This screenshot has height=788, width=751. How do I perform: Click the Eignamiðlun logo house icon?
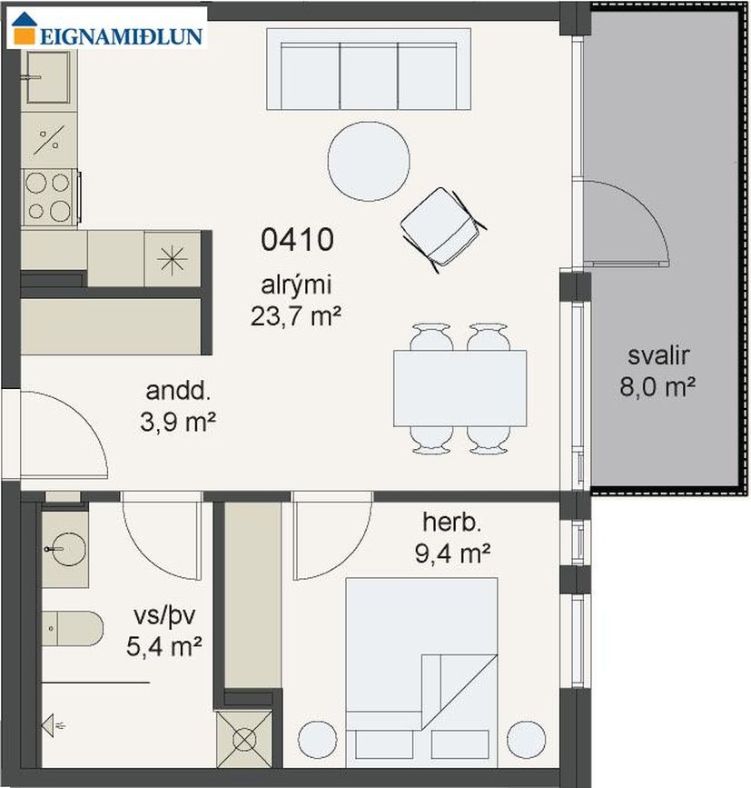click(25, 28)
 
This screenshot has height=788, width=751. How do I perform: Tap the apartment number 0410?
click(297, 239)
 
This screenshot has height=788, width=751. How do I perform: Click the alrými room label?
click(296, 285)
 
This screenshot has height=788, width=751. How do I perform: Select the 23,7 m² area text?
click(296, 316)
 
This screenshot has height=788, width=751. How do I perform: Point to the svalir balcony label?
click(658, 355)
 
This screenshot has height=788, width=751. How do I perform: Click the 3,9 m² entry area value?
click(178, 422)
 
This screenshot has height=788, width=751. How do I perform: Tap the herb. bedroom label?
click(452, 522)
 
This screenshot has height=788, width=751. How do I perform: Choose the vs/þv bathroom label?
click(164, 616)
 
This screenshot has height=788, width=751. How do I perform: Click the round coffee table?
click(369, 161)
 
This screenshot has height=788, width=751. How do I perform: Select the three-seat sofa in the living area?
click(369, 69)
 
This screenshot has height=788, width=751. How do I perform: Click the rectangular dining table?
click(459, 388)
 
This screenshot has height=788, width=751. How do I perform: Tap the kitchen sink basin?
click(48, 77)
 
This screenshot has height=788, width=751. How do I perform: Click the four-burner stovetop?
click(49, 197)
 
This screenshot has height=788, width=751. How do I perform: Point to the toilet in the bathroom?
click(72, 629)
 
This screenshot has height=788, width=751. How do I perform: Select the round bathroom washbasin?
click(64, 549)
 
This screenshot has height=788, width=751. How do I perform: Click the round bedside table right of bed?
click(526, 740)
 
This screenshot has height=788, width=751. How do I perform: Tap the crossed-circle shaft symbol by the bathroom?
click(244, 739)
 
